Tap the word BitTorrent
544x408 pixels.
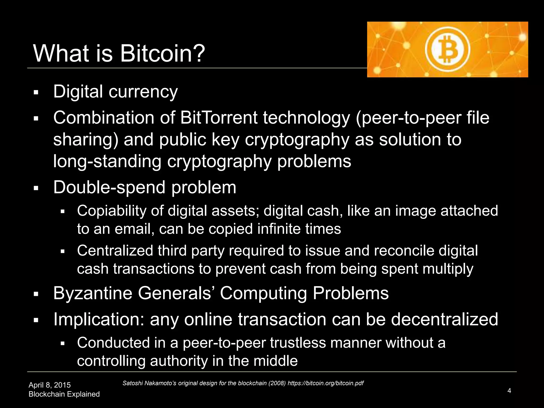point(219,118)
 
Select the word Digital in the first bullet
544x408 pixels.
point(78,92)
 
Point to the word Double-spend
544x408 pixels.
point(109,188)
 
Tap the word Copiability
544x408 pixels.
point(112,211)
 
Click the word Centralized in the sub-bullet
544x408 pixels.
point(115,250)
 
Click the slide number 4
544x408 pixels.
point(509,390)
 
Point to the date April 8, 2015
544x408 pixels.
point(50,385)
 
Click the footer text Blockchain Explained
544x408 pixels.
point(64,394)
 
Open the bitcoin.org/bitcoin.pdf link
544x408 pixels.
point(325,383)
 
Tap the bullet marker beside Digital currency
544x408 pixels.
point(36,93)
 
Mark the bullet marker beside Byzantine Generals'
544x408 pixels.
point(36,294)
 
